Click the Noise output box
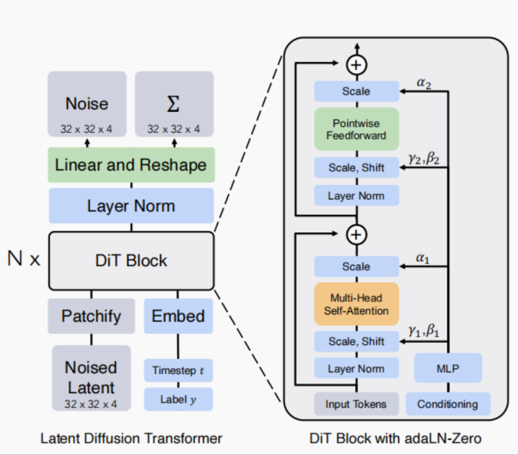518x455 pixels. (87, 104)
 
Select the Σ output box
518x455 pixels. (174, 104)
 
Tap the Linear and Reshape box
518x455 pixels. (131, 164)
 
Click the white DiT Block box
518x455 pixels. (131, 261)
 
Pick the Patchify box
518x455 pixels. (91, 316)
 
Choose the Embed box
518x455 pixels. (179, 316)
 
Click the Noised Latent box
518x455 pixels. (91, 378)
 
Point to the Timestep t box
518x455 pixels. (179, 370)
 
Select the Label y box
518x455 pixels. (179, 400)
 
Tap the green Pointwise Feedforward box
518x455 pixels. (356, 129)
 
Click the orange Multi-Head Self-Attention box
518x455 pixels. (356, 304)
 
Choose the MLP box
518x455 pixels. (448, 368)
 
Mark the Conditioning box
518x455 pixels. (448, 404)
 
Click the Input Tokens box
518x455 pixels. (356, 404)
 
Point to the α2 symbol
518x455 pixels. (424, 83)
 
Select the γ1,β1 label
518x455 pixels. (424, 331)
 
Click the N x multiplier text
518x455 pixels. (24, 259)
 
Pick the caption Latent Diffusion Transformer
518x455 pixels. (131, 439)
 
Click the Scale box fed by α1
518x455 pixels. (356, 266)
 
